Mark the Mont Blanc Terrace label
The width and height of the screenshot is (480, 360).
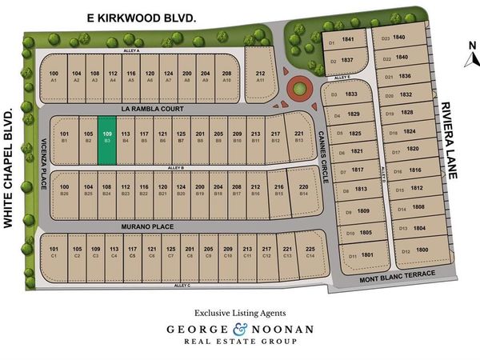click(x=397, y=275)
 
